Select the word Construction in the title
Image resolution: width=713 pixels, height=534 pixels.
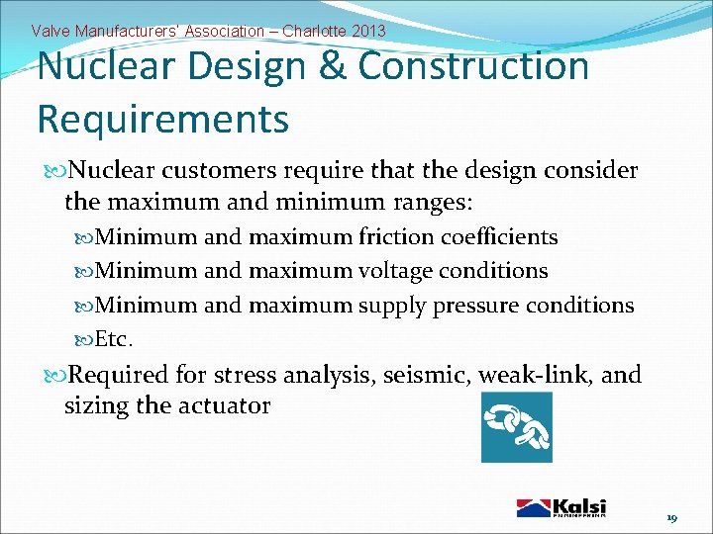(x=474, y=67)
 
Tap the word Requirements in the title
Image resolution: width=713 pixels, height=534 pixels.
(x=162, y=119)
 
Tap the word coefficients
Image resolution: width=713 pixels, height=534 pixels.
(x=499, y=237)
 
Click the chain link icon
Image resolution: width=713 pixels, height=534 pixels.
(x=516, y=426)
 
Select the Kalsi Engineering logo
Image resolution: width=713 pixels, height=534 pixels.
(x=561, y=506)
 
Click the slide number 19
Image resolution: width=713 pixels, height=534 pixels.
(x=671, y=518)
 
